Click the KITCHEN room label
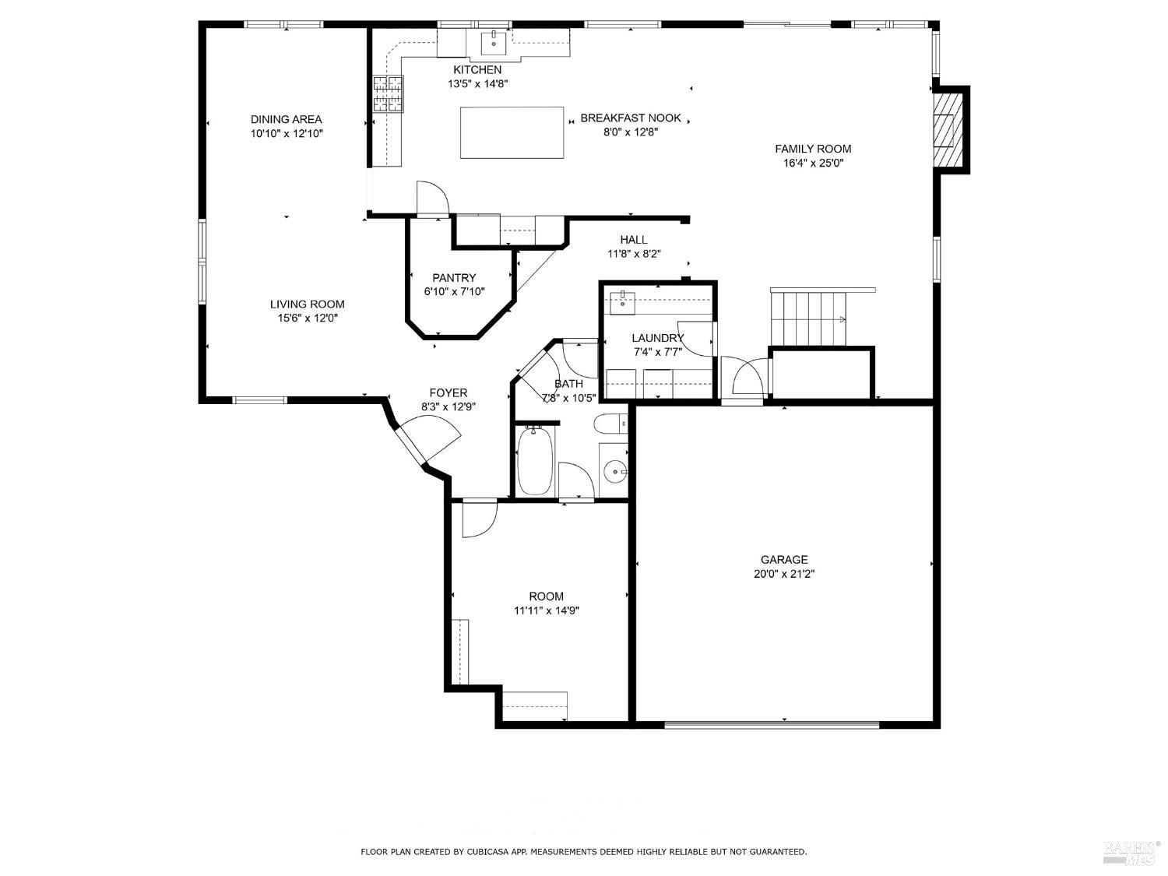(477, 70)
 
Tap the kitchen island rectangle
(512, 132)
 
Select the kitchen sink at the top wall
(494, 43)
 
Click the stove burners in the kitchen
(389, 93)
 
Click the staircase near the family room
(808, 318)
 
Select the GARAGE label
(783, 559)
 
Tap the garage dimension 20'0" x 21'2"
(783, 574)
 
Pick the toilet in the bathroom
(609, 424)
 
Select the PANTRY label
(454, 278)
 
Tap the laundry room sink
(622, 302)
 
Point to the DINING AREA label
(286, 119)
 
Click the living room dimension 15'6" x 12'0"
(307, 318)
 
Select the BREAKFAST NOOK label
(630, 118)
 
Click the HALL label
(634, 240)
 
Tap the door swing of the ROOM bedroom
(477, 519)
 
